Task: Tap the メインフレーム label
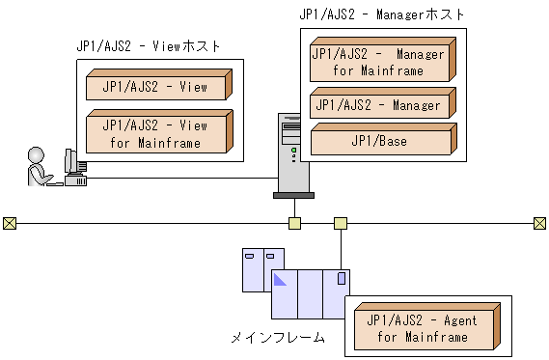[277, 338]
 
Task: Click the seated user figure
[40, 167]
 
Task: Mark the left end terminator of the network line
[10, 224]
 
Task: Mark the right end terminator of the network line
[539, 224]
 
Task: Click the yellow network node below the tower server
[294, 224]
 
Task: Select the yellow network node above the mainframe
[341, 224]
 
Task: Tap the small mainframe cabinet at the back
[256, 269]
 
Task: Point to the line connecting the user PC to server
[183, 179]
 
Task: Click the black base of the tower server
[293, 195]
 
